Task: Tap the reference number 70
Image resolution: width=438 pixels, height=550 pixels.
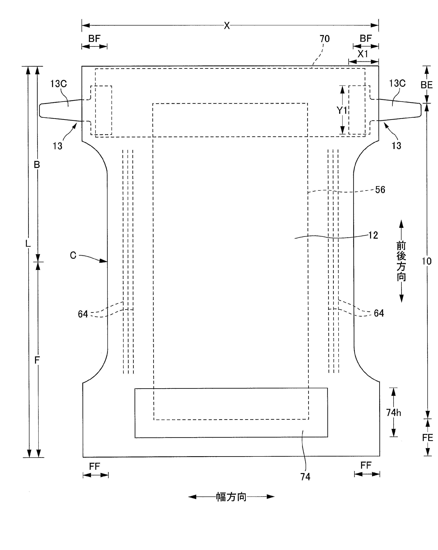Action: click(324, 39)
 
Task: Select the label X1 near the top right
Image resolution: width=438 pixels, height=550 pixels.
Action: click(363, 54)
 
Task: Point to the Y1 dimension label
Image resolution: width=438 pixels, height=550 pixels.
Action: click(342, 110)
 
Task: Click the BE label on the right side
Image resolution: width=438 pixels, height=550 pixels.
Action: click(427, 85)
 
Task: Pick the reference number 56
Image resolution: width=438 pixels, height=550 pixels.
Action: click(380, 190)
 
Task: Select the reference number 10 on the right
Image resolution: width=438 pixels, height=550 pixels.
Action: click(427, 261)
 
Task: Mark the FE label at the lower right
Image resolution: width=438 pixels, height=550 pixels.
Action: click(427, 438)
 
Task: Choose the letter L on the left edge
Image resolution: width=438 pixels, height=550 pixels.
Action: click(28, 244)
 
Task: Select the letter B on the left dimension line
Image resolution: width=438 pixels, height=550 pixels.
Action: click(37, 165)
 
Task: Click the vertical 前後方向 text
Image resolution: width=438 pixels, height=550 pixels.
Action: click(401, 261)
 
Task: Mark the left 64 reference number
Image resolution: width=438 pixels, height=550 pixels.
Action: click(83, 314)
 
